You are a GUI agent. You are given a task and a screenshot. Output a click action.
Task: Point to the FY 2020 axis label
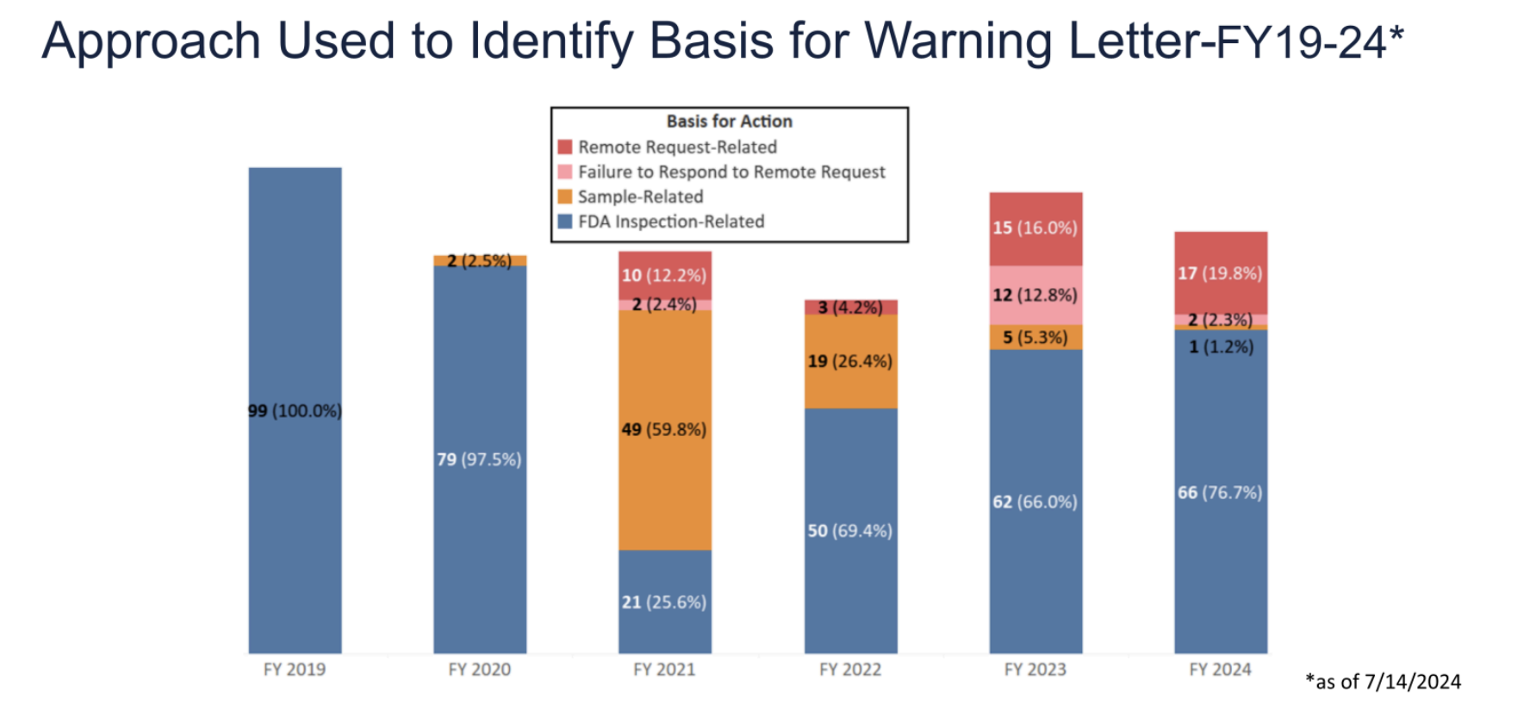click(x=479, y=670)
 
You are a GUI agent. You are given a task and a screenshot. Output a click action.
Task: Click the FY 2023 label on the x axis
click(x=1035, y=670)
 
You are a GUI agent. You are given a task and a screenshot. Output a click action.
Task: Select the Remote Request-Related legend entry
click(x=677, y=147)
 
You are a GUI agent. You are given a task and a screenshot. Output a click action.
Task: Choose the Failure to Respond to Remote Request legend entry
click(x=731, y=172)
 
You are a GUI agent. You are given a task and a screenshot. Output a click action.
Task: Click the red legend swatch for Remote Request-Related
click(x=565, y=147)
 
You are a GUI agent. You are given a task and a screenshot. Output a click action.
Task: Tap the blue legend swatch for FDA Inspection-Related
click(x=565, y=221)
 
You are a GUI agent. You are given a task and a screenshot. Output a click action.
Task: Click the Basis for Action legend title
click(x=729, y=122)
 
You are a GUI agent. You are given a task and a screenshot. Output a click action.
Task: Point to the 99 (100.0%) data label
click(x=295, y=411)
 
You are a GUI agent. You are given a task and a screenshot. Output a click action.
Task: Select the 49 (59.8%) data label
click(x=664, y=429)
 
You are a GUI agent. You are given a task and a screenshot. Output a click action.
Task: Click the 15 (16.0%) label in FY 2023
click(x=1035, y=228)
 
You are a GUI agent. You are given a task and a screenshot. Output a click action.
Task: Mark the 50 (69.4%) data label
click(x=849, y=531)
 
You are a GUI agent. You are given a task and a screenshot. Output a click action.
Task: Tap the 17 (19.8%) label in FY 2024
click(x=1220, y=274)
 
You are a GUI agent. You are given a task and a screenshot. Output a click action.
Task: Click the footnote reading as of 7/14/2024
click(x=1383, y=682)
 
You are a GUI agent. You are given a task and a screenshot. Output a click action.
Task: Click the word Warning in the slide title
click(x=960, y=41)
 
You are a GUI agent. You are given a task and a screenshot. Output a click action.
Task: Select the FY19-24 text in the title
click(x=1301, y=42)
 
